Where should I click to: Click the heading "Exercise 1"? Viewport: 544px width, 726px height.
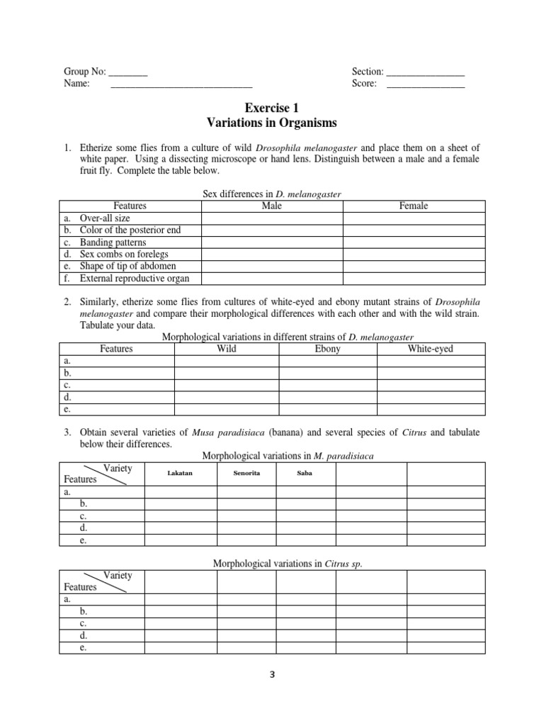point(271,108)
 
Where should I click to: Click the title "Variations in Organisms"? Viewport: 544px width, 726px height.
point(271,123)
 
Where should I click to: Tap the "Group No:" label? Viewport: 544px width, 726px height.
point(85,72)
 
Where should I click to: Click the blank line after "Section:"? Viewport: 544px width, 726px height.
point(425,72)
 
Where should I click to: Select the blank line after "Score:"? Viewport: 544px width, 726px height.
point(425,84)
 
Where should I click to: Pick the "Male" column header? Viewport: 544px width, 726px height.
point(272,206)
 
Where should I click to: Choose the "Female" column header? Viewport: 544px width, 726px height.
point(414,206)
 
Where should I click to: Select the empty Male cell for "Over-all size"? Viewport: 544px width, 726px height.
point(272,218)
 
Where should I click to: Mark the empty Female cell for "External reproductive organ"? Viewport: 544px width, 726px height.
point(414,278)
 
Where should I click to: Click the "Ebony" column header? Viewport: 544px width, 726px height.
point(327,349)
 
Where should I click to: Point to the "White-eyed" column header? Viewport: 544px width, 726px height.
point(431,349)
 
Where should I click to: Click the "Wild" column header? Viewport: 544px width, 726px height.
point(226,349)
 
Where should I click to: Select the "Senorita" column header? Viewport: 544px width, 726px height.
point(246,472)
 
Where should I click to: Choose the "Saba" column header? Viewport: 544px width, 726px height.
point(305,472)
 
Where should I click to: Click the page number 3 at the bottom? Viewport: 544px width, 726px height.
point(271,675)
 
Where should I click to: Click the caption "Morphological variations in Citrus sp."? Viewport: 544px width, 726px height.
point(273,564)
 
